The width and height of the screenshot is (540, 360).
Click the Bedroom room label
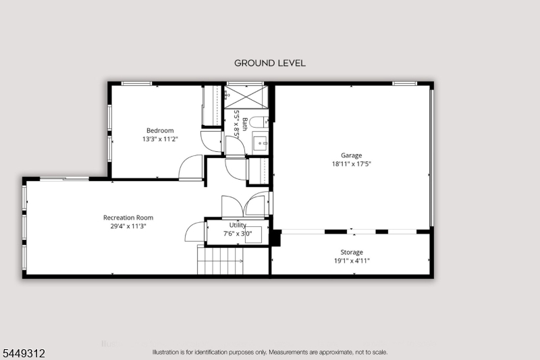tap(160, 130)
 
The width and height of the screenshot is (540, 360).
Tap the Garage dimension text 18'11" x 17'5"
tap(351, 164)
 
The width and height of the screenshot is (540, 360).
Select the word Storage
tap(352, 252)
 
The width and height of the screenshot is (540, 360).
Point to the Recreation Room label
tap(128, 217)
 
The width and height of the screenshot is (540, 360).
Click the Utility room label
tap(238, 226)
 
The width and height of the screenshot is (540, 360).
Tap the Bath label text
tap(245, 124)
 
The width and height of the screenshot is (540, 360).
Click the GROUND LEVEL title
tap(270, 63)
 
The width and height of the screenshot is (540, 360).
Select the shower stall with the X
tap(246, 97)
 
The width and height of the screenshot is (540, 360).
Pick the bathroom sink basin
tap(260, 143)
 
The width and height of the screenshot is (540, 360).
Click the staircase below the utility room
tap(221, 260)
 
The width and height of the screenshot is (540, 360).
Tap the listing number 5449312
tap(24, 353)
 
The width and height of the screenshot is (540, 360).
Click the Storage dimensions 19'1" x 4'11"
tap(352, 261)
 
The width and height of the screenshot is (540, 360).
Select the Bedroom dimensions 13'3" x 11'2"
tap(160, 139)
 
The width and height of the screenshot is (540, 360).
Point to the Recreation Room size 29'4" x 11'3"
tap(128, 226)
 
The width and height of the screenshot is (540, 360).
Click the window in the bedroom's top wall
tap(137, 83)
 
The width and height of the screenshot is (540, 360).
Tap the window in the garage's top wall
tap(404, 83)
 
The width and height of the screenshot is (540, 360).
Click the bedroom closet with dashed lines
tap(212, 106)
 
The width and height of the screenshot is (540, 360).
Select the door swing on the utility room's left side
tap(195, 232)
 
